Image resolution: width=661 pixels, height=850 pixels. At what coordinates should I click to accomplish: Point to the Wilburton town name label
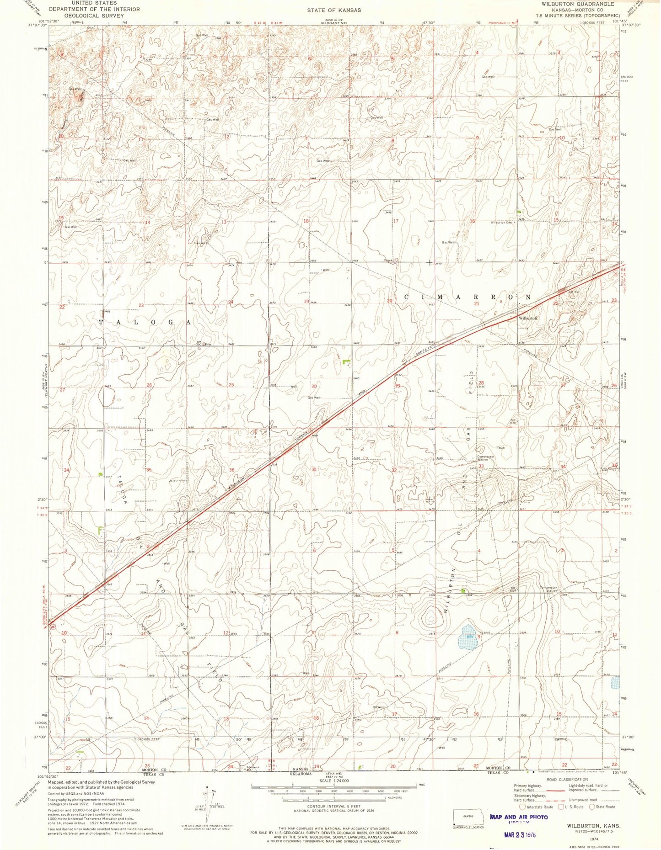(527, 318)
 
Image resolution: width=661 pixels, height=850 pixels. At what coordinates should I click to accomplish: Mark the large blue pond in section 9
(467, 637)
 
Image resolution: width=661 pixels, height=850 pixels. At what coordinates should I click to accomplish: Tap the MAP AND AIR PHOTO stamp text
(519, 817)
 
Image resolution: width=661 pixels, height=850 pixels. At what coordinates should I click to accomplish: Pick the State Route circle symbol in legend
(592, 807)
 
